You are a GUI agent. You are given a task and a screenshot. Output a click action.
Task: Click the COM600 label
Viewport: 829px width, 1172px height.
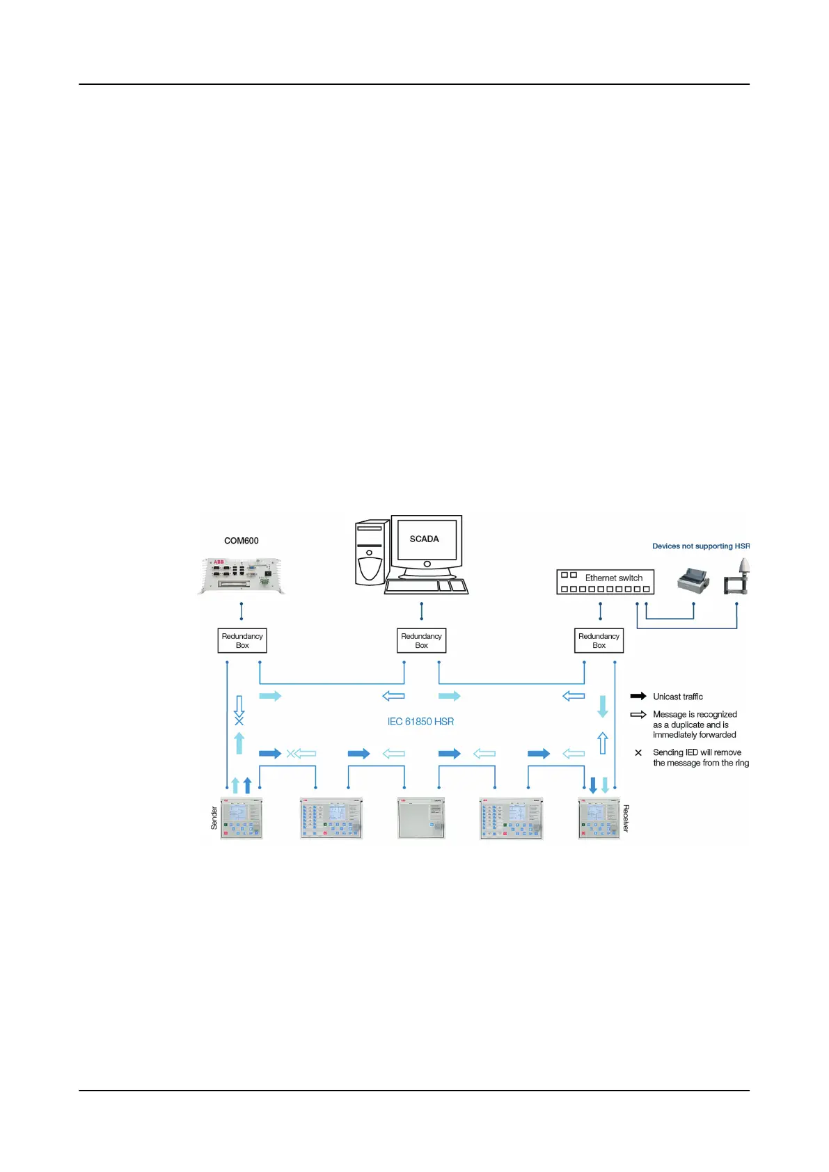[241, 541]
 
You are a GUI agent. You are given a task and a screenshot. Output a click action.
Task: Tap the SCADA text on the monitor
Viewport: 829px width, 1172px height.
[424, 539]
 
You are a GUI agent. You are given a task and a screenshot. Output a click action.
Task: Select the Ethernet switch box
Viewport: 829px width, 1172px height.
[605, 582]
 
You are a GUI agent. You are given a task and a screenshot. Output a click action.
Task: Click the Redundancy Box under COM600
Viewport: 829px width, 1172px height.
[242, 640]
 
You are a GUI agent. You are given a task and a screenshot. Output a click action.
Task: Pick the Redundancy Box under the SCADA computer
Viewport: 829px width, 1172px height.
[421, 640]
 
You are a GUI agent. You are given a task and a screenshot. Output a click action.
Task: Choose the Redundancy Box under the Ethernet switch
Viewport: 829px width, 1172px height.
[599, 640]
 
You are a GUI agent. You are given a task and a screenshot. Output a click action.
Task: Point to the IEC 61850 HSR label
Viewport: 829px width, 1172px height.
[420, 722]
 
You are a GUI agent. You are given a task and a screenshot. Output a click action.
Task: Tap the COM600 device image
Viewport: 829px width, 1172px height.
[241, 576]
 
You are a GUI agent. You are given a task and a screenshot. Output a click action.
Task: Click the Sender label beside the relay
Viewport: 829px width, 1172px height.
[214, 818]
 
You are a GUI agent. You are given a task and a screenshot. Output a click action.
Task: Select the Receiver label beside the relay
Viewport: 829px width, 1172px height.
[626, 818]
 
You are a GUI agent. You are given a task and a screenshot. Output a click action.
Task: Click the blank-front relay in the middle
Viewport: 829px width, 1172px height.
[420, 818]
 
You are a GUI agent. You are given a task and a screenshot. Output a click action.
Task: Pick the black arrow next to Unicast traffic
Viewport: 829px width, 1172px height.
[638, 696]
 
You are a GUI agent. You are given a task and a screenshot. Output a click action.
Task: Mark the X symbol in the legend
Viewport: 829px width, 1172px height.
[638, 753]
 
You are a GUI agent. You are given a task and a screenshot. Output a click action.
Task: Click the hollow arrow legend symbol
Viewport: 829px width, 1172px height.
[638, 715]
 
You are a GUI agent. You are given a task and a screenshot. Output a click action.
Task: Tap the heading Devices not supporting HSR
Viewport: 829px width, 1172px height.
[700, 546]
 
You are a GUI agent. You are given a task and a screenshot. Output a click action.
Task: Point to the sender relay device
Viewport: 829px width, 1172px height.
[242, 818]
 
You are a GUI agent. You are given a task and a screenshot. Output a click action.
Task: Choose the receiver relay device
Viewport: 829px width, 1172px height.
[599, 818]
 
